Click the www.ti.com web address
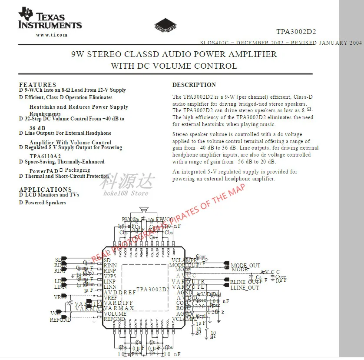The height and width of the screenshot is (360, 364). click(52, 35)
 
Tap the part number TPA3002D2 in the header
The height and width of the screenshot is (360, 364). click(296, 32)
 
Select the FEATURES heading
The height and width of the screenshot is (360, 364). click(38, 84)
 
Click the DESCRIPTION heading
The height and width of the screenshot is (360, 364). click(194, 85)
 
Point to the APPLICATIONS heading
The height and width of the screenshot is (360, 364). click(46, 189)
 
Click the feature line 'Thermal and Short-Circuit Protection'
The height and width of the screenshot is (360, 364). click(67, 176)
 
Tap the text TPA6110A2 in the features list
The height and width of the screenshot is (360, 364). click(45, 156)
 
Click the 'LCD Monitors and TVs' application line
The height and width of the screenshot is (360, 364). click(52, 195)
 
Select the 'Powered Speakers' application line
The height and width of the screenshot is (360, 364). click(45, 203)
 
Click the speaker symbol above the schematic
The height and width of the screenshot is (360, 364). click(144, 210)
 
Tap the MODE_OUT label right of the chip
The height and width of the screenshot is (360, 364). click(245, 265)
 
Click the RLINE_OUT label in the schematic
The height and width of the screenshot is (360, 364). click(245, 282)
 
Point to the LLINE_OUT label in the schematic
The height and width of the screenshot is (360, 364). click(245, 288)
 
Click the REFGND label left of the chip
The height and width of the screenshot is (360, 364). click(60, 320)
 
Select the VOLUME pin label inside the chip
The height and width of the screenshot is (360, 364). click(115, 313)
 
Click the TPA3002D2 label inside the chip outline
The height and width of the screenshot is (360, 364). click(153, 289)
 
